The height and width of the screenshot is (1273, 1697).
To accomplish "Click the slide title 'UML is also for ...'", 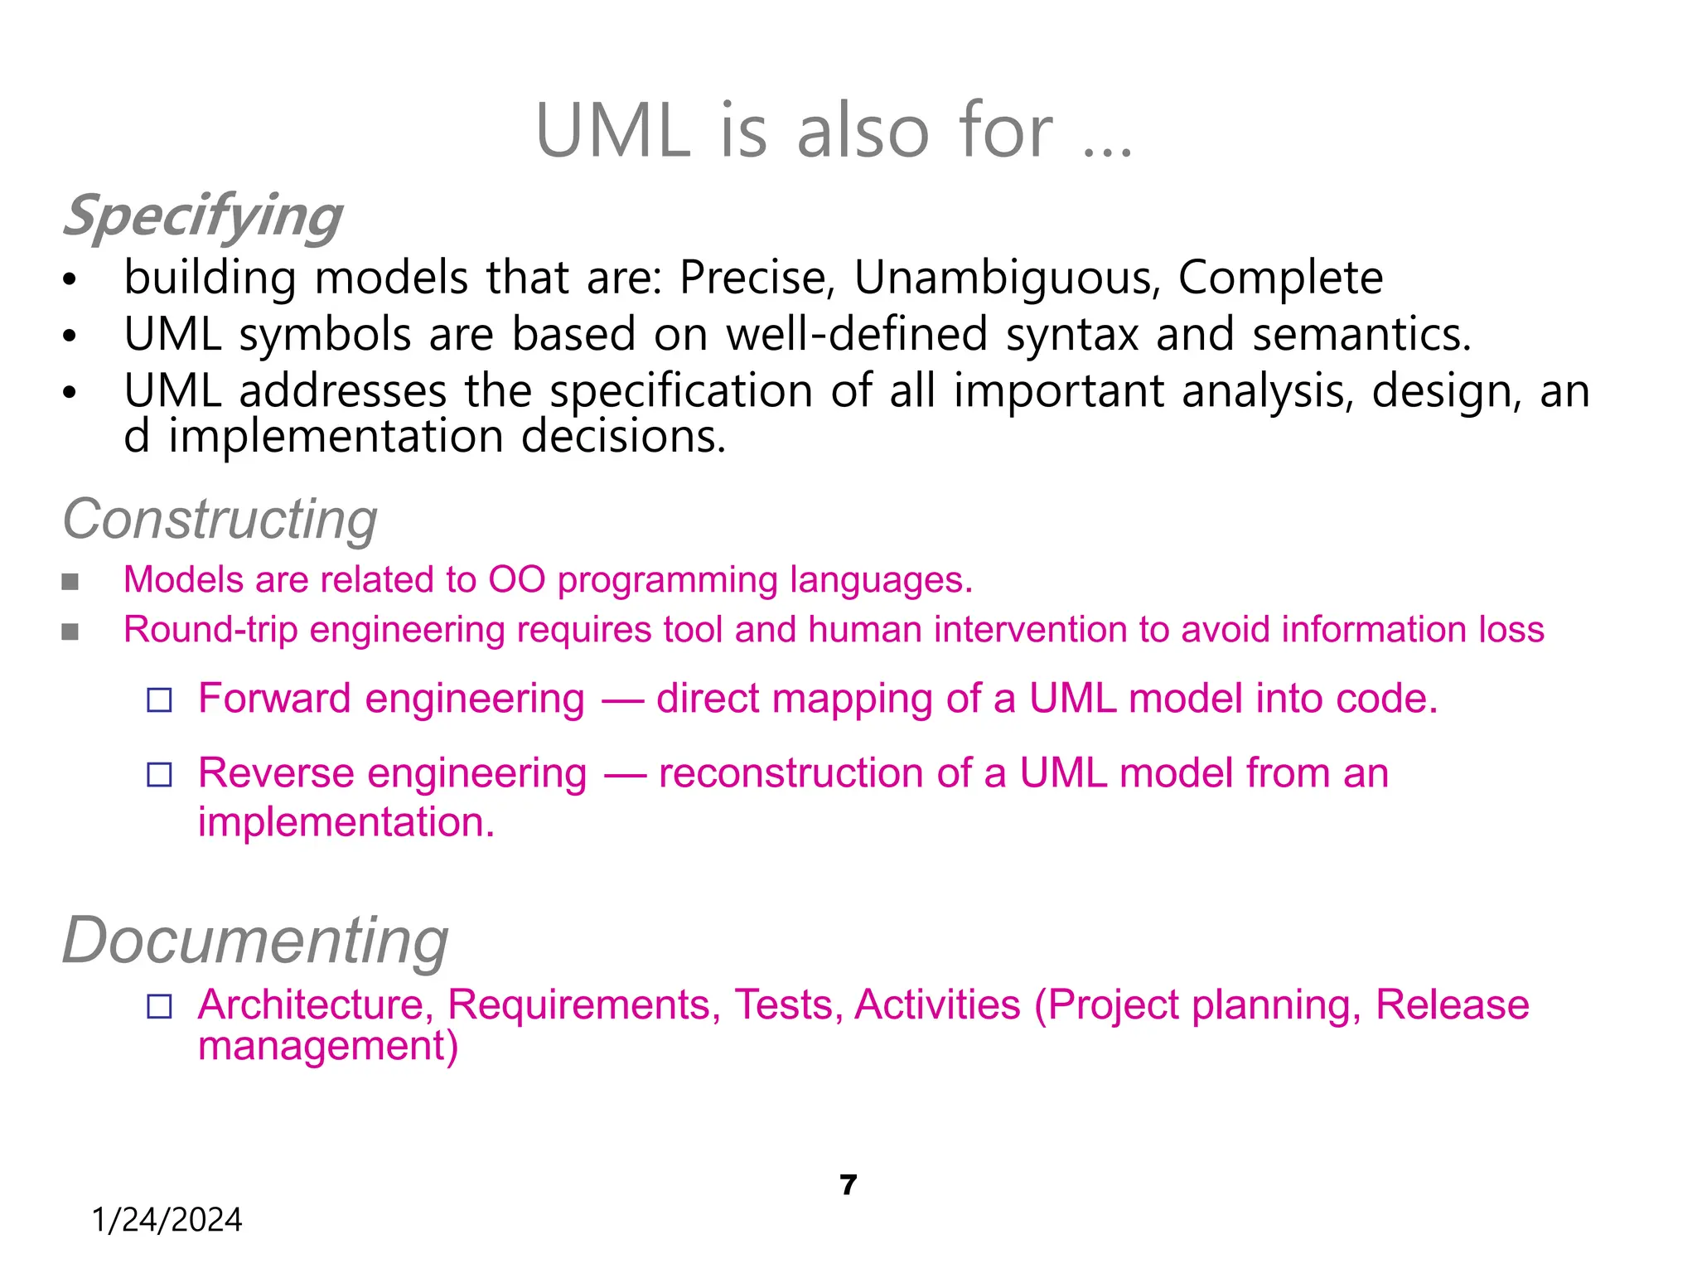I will (834, 131).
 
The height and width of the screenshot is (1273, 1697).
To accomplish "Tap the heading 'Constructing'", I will (220, 520).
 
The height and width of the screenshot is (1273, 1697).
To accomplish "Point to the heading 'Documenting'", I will (255, 941).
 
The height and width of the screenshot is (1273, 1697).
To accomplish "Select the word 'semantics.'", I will (1361, 334).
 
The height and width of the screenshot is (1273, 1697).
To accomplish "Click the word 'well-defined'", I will (858, 334).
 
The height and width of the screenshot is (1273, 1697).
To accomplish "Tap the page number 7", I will (848, 1185).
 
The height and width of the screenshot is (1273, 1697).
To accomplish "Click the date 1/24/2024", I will (167, 1220).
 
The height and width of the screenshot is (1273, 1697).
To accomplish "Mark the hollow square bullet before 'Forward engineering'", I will (159, 700).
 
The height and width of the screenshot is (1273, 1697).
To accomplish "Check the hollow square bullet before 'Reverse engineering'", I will (159, 775).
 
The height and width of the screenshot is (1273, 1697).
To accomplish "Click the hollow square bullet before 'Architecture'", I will (159, 1006).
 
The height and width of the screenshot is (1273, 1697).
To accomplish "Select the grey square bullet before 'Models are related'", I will (70, 582).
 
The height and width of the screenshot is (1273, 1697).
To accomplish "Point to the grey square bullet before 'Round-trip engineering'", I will (70, 632).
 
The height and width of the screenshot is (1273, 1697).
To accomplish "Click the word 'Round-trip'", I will (210, 630).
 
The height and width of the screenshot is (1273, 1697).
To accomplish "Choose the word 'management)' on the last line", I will (328, 1047).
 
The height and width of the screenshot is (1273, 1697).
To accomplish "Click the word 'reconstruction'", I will (791, 773).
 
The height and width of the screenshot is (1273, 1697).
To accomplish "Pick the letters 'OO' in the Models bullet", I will (516, 580).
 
